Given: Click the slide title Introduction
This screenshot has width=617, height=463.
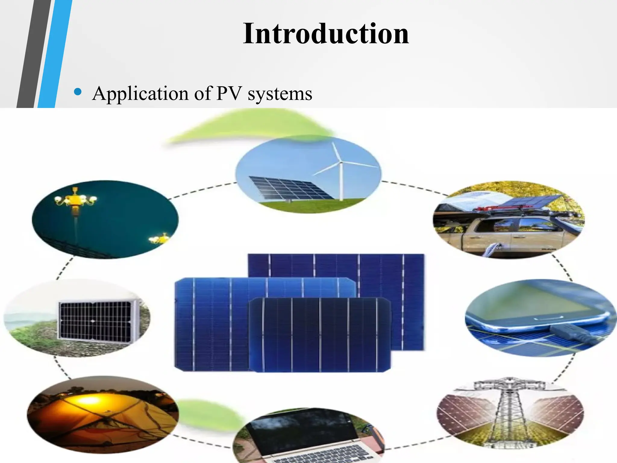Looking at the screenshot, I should tap(326, 33).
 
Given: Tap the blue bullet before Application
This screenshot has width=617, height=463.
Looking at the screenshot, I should tap(78, 92).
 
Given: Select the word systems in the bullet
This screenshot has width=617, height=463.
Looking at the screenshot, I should tap(280, 94).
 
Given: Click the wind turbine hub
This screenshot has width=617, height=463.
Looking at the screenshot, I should tap(341, 163).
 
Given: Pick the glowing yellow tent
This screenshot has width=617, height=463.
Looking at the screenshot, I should tap(90, 413).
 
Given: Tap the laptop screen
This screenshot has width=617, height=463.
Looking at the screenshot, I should tap(301, 428).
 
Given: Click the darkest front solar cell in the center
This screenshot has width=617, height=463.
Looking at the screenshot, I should tap(319, 335).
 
